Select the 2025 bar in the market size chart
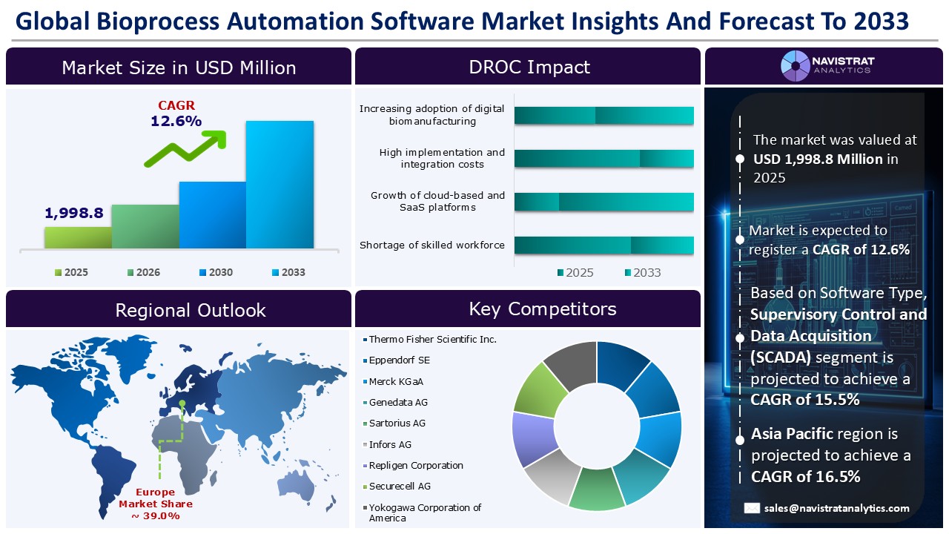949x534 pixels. pyautogui.click(x=78, y=237)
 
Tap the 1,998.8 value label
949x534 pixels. pyautogui.click(x=74, y=213)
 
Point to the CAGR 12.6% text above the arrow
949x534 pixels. pyautogui.click(x=176, y=113)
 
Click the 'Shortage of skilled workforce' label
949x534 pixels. pyautogui.click(x=431, y=245)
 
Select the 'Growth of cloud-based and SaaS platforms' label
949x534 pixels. pyautogui.click(x=437, y=201)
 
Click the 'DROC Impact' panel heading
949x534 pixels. pyautogui.click(x=529, y=67)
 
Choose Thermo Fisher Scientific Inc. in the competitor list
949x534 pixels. pyautogui.click(x=432, y=339)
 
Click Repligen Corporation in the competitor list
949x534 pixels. pyautogui.click(x=416, y=465)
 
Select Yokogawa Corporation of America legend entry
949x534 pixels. pyautogui.click(x=425, y=512)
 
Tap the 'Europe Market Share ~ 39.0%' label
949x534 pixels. pyautogui.click(x=151, y=504)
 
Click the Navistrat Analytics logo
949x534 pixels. pyautogui.click(x=826, y=65)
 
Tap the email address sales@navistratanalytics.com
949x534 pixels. pyautogui.click(x=837, y=508)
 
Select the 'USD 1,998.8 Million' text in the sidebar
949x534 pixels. pyautogui.click(x=818, y=159)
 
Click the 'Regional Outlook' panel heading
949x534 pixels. pyautogui.click(x=191, y=310)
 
